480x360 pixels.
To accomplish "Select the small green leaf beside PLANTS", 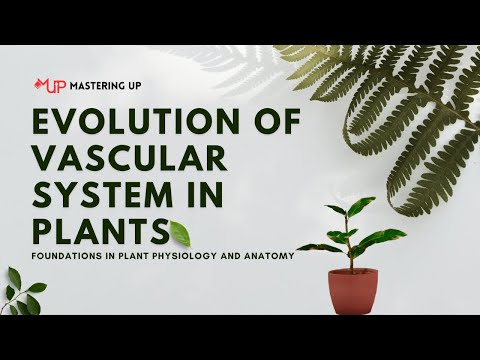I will [x=181, y=233].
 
